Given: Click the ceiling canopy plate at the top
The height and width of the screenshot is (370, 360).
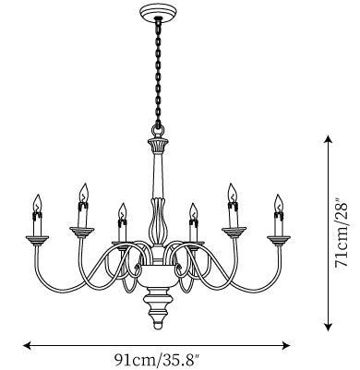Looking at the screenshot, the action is tap(158, 13).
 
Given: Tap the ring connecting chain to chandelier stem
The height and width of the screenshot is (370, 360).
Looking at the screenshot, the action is tap(158, 131).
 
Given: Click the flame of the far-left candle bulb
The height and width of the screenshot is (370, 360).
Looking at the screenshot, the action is tap(37, 203).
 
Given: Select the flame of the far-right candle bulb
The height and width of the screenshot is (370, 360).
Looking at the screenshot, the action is tap(279, 203).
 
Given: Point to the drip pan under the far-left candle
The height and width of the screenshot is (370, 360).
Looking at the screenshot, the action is tap(37, 240).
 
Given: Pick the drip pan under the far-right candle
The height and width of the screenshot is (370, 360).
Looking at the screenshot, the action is tap(279, 240).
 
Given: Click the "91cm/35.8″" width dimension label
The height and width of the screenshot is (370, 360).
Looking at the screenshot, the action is tap(157, 359).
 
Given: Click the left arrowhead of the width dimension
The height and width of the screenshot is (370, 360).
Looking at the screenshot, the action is tap(27, 345).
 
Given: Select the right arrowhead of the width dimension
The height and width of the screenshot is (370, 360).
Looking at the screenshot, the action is tap(286, 345).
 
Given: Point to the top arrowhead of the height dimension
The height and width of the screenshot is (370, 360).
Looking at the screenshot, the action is tap(329, 139).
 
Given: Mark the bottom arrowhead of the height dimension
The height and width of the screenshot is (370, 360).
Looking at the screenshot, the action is tap(329, 327).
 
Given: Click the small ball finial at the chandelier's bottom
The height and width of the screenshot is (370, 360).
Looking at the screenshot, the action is tap(158, 325).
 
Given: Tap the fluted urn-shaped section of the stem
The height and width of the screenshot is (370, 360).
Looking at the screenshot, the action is tap(158, 221).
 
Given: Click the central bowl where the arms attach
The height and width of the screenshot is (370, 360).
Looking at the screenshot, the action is tap(158, 276).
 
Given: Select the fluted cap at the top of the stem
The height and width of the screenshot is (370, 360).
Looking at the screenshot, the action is tap(158, 145).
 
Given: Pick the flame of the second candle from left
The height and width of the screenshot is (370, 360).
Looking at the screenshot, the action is tap(83, 192).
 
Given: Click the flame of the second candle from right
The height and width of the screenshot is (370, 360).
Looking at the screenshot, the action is tap(233, 192).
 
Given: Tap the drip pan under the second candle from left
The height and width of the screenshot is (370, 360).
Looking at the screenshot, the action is tap(81, 232).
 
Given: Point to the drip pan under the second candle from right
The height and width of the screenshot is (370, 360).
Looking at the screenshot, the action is tap(234, 232).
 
